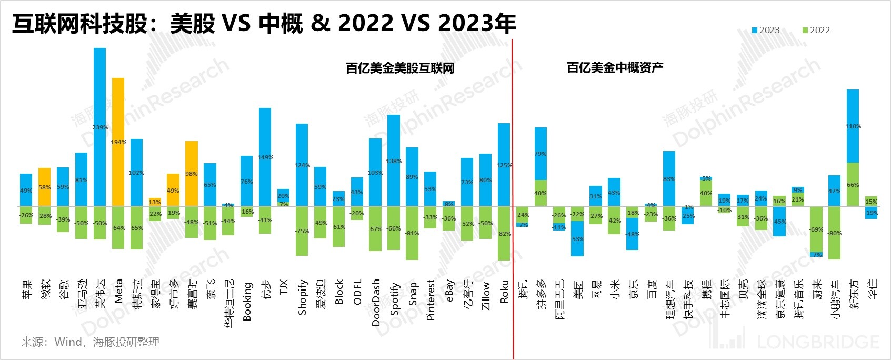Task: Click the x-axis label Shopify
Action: pyautogui.click(x=302, y=297)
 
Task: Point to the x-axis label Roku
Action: pyautogui.click(x=504, y=291)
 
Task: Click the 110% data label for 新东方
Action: pyautogui.click(x=853, y=126)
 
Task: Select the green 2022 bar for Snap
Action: pyautogui.click(x=412, y=233)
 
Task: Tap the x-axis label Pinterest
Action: pyautogui.click(x=431, y=299)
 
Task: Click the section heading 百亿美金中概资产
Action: pyautogui.click(x=615, y=67)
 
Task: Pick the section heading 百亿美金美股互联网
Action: pyautogui.click(x=400, y=68)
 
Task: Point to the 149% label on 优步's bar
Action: pyautogui.click(x=265, y=157)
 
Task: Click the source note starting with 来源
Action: pyautogui.click(x=90, y=342)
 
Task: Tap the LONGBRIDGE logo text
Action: pyautogui.click(x=818, y=342)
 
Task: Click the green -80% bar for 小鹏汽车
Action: pyautogui.click(x=834, y=233)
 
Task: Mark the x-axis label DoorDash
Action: pyautogui.click(x=375, y=303)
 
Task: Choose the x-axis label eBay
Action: pyautogui.click(x=449, y=291)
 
